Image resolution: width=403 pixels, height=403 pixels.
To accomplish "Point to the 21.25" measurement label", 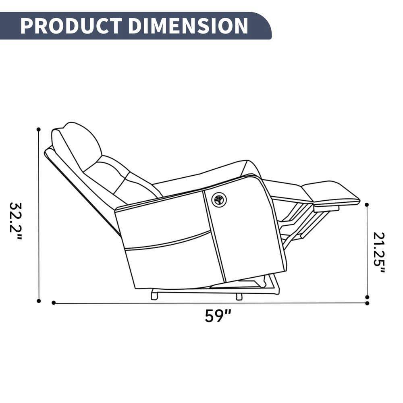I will [379, 252].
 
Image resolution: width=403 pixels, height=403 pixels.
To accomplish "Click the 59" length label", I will [218, 316].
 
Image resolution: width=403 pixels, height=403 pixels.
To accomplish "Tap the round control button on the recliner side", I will [219, 199].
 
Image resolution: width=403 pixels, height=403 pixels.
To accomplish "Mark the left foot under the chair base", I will [154, 296].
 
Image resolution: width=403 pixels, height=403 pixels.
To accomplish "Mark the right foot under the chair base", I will [239, 297].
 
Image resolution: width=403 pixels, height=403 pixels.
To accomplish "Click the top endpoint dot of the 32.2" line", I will [39, 129].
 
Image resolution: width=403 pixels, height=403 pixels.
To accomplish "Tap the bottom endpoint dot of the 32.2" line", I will [39, 301].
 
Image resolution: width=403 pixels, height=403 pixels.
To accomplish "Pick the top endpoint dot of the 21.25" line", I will [367, 205].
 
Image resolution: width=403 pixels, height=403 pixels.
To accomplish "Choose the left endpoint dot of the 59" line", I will [54, 303].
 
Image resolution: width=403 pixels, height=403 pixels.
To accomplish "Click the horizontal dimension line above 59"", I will [210, 303].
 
